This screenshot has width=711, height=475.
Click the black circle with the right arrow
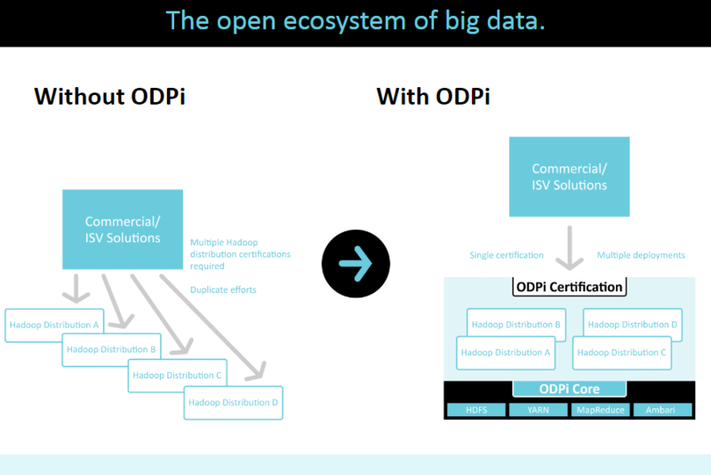pos(356,263)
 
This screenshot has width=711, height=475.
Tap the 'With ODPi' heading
pos(433,96)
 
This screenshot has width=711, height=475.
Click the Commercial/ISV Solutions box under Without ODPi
pos(123,229)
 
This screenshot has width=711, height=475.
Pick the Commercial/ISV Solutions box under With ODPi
pos(570,177)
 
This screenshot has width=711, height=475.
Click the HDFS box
pos(475,410)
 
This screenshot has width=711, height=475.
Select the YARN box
pos(539,410)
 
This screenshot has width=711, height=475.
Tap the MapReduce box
pos(600,410)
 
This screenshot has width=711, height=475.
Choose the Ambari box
pos(661,410)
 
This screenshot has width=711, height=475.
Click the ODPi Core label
pos(569,389)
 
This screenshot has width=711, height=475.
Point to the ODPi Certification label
pos(569,287)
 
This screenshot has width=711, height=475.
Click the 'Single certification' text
pos(507,256)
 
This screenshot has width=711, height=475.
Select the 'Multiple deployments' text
pos(641,256)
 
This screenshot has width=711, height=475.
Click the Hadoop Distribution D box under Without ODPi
pos(234,403)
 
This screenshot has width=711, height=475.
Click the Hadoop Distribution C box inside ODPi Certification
pos(621,352)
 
